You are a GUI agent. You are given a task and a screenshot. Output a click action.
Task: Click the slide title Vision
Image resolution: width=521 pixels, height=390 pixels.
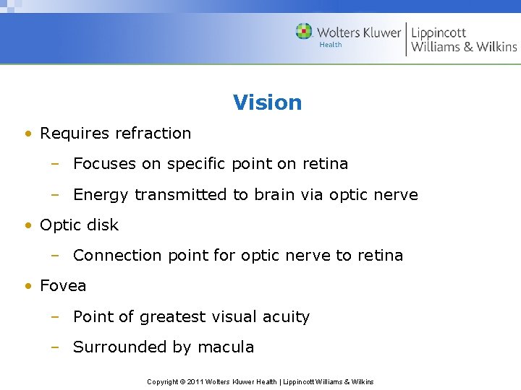267,103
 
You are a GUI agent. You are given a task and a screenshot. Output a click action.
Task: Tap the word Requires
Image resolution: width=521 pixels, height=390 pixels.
71,134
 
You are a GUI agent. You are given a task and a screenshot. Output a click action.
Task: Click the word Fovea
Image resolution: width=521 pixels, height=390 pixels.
63,286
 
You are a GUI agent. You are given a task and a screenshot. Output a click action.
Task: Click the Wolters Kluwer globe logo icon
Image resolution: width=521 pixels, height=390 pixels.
304,32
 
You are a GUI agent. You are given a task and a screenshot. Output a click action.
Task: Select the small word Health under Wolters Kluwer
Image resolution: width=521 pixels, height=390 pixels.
331,45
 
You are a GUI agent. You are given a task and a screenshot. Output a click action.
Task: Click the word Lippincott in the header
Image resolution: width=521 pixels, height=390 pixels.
439,32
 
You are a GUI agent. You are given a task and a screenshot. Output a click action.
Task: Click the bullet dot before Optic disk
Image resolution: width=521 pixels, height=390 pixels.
27,225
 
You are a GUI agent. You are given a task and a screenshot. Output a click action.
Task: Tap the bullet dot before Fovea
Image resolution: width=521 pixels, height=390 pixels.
27,287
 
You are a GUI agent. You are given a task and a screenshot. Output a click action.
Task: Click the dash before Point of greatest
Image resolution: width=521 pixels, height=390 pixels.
54,317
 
